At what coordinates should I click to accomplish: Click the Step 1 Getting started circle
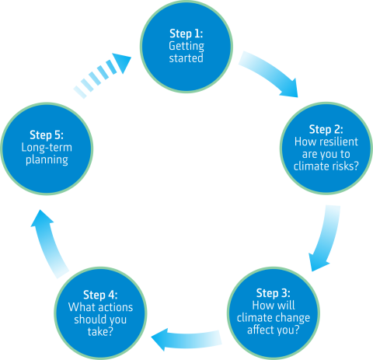[186, 47]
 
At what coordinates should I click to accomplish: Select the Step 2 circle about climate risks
[326, 149]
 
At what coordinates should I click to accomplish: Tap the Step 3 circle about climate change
[274, 313]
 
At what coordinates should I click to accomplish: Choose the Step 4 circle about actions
[100, 313]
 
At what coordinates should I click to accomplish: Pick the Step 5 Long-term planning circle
[47, 149]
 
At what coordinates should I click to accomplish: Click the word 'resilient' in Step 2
[339, 142]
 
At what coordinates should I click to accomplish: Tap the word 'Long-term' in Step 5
[47, 148]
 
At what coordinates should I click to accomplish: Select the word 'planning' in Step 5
[47, 160]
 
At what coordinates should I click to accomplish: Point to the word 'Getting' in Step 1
[186, 47]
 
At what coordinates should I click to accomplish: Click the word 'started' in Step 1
[186, 58]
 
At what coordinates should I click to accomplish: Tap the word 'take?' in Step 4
[100, 332]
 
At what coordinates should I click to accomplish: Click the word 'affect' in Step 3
[260, 330]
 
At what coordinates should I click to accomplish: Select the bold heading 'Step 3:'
[274, 293]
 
